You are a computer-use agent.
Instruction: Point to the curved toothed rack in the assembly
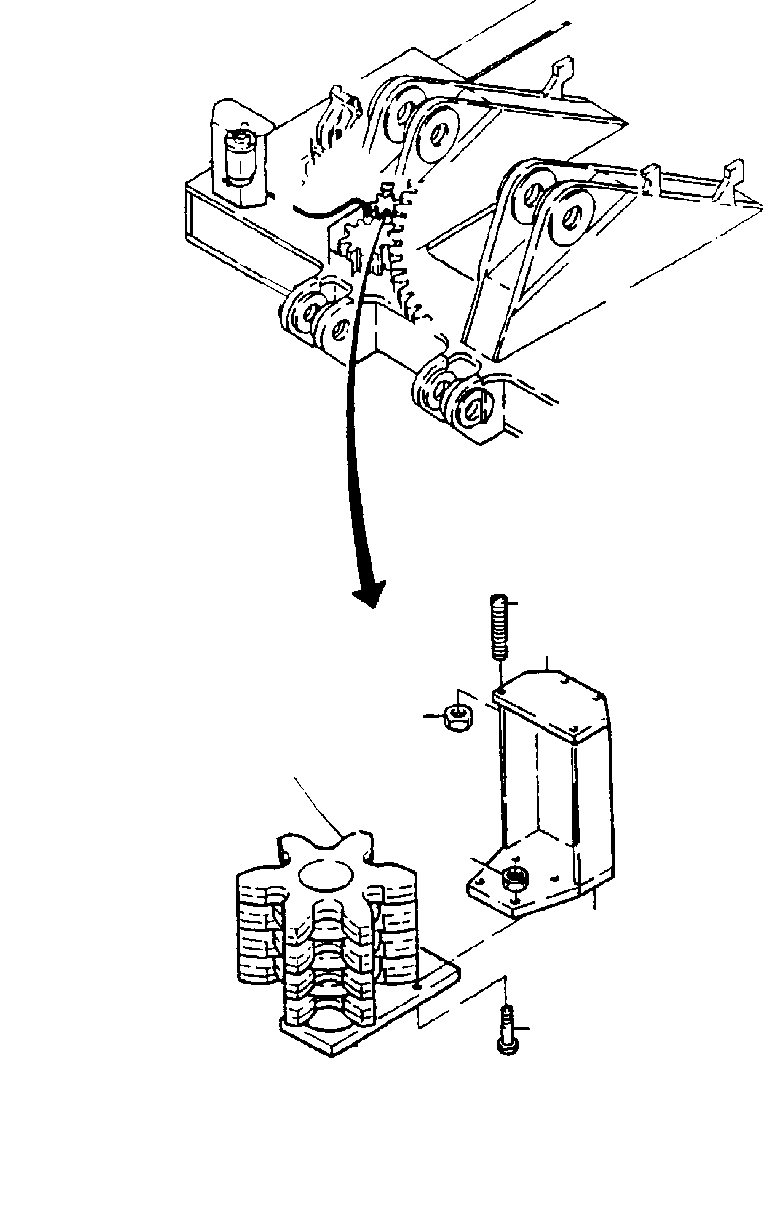pyautogui.click(x=404, y=252)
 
